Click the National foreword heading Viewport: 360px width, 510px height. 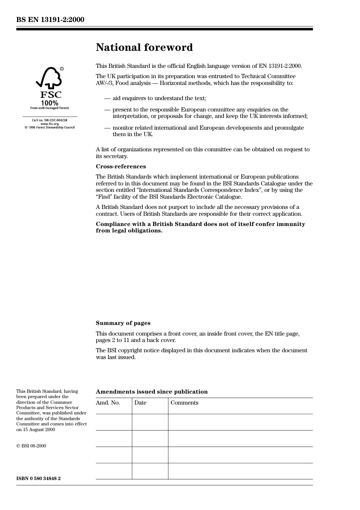click(144, 47)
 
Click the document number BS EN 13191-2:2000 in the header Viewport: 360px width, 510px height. click(50, 20)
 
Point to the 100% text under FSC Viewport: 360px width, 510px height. click(50, 103)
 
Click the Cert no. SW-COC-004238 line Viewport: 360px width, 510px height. click(50, 120)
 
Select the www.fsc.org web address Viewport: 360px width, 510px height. click(50, 124)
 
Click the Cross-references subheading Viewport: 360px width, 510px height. click(121, 166)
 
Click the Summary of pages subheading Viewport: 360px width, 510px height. click(123, 323)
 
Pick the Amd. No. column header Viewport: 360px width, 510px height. click(108, 403)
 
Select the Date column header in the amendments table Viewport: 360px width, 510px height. click(140, 403)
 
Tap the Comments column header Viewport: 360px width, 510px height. click(184, 403)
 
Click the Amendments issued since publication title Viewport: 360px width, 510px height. click(152, 392)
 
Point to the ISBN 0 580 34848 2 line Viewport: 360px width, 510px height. click(38, 478)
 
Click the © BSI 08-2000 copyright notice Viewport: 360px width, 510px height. click(31, 446)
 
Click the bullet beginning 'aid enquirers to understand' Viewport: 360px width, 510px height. click(159, 98)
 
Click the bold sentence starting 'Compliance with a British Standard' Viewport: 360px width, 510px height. click(200, 227)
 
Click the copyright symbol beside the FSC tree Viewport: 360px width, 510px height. click(62, 69)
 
